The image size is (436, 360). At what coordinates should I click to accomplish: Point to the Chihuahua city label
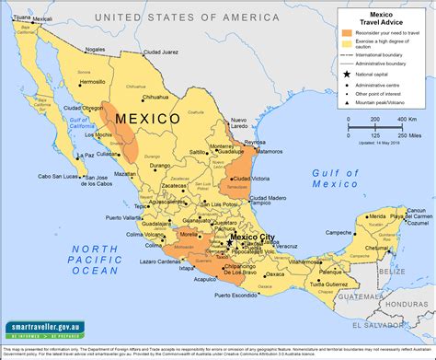coord(156,97)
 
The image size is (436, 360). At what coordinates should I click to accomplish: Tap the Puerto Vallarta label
coord(128,218)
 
